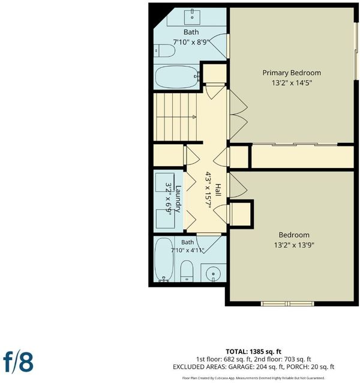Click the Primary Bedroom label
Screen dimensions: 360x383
coord(292,73)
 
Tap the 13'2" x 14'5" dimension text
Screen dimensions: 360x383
coord(292,83)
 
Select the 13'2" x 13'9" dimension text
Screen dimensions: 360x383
coord(294,245)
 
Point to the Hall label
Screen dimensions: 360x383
coord(218,190)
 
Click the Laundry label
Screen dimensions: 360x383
coord(178,199)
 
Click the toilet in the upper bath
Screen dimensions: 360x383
coord(165,50)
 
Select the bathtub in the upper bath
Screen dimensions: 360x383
coord(178,77)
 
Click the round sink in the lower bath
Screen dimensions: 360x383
coord(213,273)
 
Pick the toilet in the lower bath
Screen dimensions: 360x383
coord(187,271)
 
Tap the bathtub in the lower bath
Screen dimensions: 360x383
coord(164,259)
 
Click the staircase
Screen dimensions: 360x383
coord(175,117)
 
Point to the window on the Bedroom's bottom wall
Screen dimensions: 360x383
coord(287,304)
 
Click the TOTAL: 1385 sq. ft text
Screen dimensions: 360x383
coord(253,352)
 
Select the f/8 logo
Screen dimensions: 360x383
coord(19,362)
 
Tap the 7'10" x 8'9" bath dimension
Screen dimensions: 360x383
coord(191,42)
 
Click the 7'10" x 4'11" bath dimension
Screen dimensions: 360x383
coord(187,250)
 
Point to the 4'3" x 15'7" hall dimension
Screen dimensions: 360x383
coord(208,190)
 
